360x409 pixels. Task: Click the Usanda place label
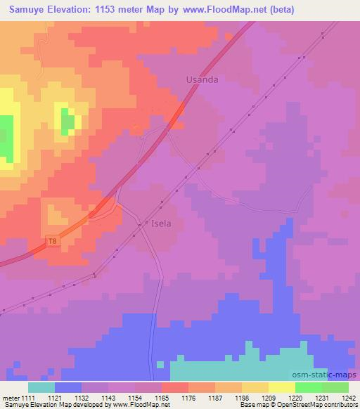pos(202,80)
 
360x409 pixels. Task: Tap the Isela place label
pos(162,224)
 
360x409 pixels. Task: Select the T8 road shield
pos(52,241)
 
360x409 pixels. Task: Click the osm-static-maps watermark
pos(329,375)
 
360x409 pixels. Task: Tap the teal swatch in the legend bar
pos(41,387)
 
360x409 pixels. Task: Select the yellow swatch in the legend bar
pos(281,387)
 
